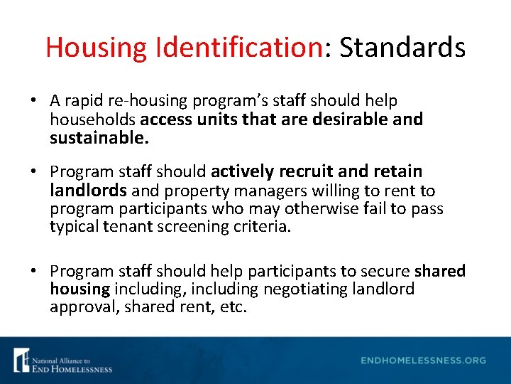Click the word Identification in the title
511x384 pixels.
(x=236, y=48)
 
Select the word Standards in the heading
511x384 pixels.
(x=402, y=48)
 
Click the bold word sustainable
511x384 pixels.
(x=99, y=137)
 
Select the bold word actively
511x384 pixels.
(x=242, y=172)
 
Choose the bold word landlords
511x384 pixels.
(x=89, y=191)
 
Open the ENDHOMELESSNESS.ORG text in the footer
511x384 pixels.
(x=423, y=361)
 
